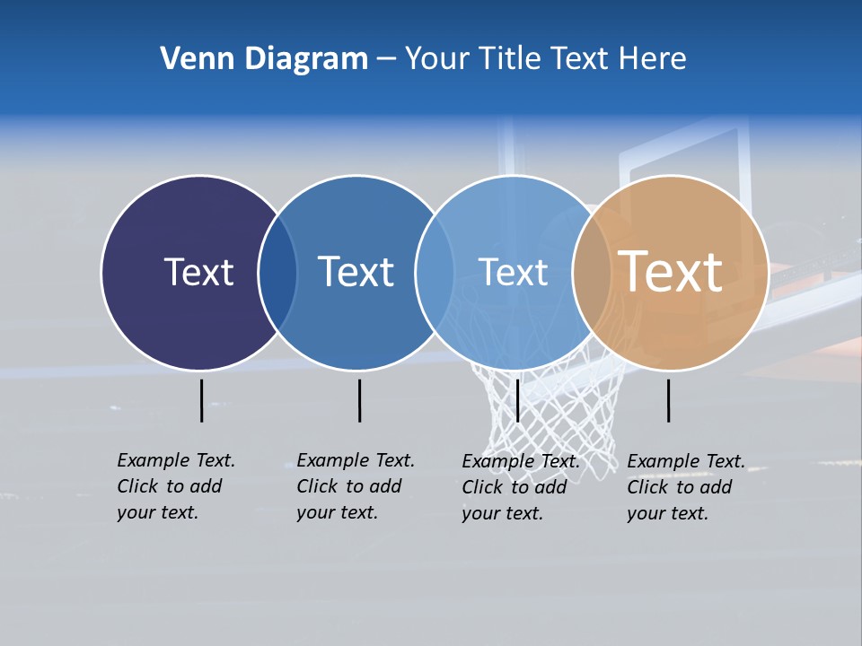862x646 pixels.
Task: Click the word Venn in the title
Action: point(190,59)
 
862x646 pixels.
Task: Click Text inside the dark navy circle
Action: point(198,272)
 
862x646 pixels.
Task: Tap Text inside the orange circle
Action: point(671,272)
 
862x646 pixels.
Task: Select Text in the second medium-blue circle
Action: point(356,272)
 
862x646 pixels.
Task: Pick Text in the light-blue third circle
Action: point(513,272)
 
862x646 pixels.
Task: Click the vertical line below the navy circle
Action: point(201,400)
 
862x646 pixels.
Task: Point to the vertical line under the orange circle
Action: point(669,400)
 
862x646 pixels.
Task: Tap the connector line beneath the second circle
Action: point(359,400)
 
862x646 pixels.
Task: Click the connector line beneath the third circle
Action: point(517,400)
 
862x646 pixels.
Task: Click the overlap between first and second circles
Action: point(277,272)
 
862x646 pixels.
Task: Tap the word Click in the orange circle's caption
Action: point(646,487)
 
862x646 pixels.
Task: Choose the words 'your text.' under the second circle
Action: point(337,512)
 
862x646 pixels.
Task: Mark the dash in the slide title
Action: point(386,60)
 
